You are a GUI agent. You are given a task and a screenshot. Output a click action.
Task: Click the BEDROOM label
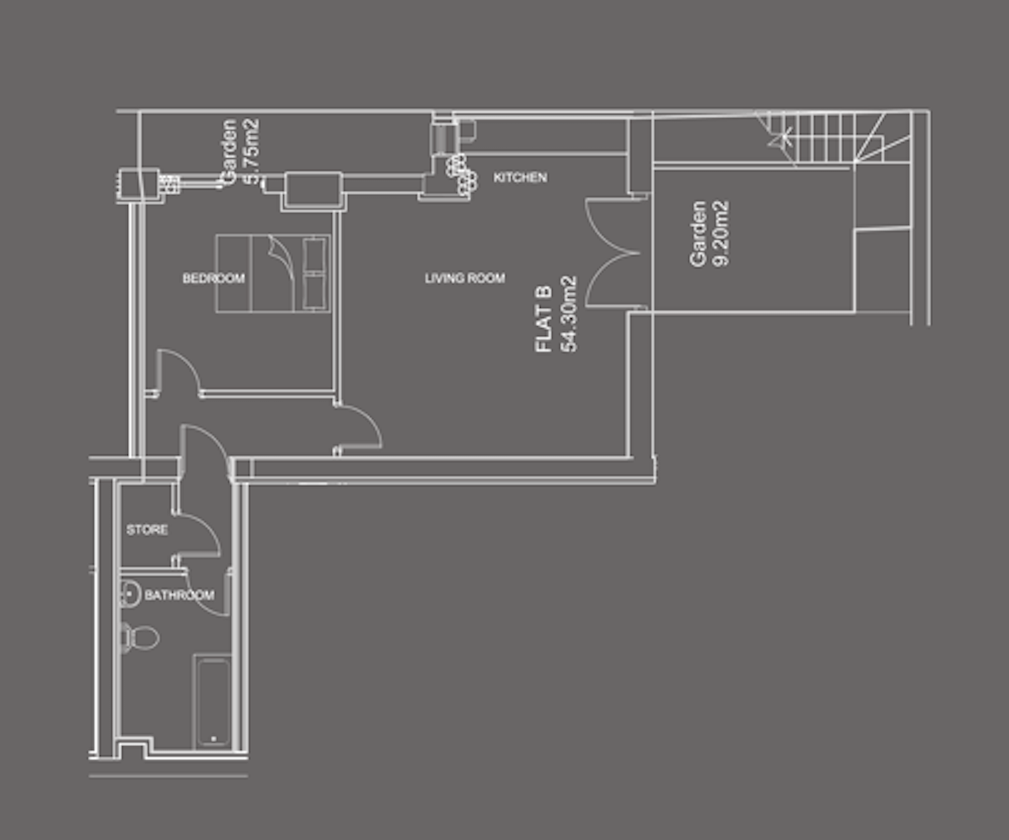214,278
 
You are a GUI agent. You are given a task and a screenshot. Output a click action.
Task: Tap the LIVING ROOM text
465,278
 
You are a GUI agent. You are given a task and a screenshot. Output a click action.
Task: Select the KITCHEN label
520,178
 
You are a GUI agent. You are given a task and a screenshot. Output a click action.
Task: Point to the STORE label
147,530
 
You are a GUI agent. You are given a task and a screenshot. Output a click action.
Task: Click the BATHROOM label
180,595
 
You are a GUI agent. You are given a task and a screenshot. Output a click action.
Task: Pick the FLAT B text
544,319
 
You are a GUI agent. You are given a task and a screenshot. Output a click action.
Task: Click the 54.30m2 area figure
568,314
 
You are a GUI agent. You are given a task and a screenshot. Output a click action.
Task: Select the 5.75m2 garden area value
252,151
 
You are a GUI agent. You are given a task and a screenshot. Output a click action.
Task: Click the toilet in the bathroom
139,637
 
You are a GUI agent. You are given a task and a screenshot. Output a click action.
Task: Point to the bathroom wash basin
130,594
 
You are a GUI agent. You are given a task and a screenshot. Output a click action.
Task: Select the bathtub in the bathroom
213,702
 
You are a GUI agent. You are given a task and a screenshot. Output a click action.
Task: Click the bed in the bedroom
274,273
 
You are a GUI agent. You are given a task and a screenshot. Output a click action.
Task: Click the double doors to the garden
613,252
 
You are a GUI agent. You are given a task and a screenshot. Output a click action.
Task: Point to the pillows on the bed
314,273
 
